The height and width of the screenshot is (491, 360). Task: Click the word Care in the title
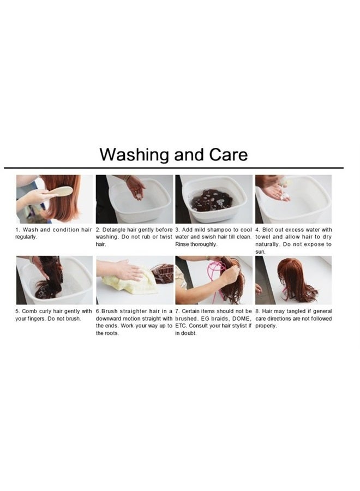tap(228, 154)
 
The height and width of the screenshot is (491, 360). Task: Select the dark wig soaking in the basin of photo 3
tap(213, 200)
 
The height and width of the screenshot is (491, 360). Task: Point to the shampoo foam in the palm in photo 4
tap(285, 196)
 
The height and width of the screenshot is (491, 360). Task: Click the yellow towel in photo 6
tap(130, 280)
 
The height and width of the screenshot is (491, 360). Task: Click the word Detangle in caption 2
tap(114, 230)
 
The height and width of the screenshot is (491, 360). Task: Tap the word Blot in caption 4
tap(268, 230)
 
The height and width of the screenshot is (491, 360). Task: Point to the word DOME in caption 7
tap(241, 319)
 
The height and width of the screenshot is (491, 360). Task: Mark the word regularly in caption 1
tap(26, 237)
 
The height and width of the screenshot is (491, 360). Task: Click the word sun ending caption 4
tap(260, 252)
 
